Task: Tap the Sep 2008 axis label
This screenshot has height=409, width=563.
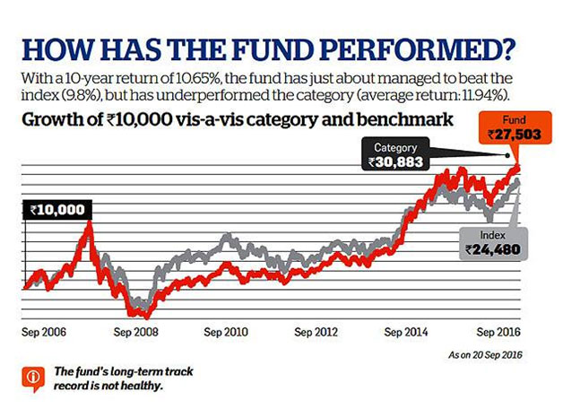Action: pyautogui.click(x=137, y=331)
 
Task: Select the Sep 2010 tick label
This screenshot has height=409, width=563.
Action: pyautogui.click(x=225, y=331)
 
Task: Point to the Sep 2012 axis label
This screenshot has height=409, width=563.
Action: pyautogui.click(x=315, y=331)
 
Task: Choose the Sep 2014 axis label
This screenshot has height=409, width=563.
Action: pyautogui.click(x=406, y=331)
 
